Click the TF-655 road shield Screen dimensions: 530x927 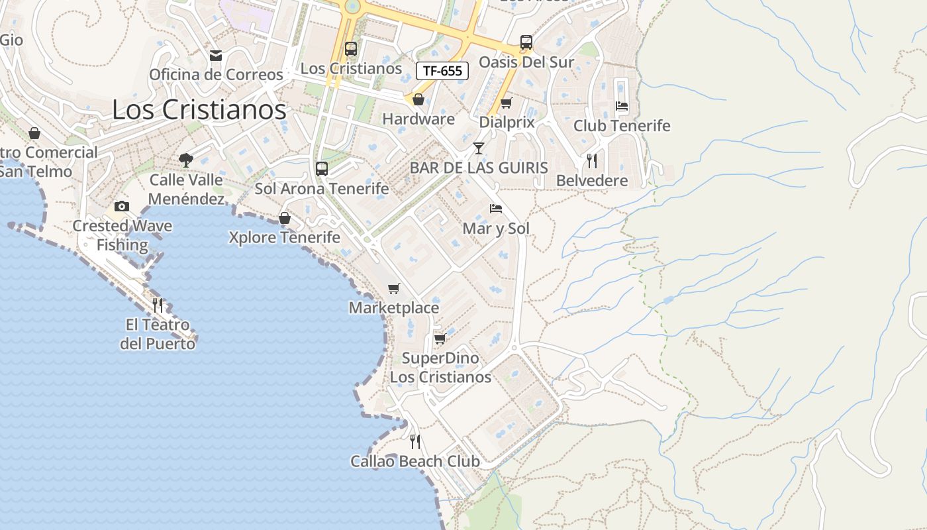[442, 71]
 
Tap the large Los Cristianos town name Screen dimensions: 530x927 [199, 109]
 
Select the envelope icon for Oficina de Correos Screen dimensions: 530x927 [216, 55]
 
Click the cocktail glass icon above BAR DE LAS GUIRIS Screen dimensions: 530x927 [479, 148]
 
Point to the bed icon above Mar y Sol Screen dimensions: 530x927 [496, 209]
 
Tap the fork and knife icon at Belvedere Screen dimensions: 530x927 [592, 160]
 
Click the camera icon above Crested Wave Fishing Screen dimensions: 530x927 [122, 206]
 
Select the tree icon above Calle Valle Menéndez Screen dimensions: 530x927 [186, 160]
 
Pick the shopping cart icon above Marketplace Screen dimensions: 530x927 [394, 288]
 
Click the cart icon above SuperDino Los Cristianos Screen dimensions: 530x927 [440, 339]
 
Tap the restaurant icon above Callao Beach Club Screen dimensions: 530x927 [415, 441]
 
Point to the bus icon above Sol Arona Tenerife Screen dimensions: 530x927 [322, 168]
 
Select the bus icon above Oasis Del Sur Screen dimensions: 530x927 [526, 42]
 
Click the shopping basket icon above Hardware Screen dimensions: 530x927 [418, 100]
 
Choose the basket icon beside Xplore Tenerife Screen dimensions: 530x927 [285, 218]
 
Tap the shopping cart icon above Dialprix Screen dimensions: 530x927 [507, 103]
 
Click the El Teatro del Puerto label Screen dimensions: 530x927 [158, 335]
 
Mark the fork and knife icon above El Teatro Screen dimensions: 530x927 [158, 305]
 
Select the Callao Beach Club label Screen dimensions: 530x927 [415, 461]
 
